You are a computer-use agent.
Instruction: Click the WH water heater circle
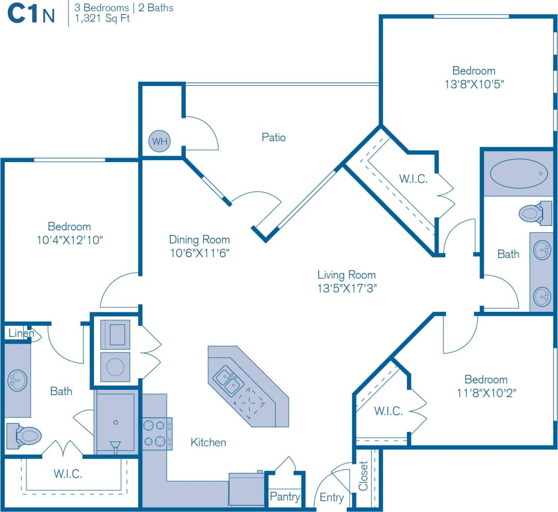159,141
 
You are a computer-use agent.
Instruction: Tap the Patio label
274,138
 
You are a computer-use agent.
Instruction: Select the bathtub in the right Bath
519,173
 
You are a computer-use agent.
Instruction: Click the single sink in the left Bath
17,380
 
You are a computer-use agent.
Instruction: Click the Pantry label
284,496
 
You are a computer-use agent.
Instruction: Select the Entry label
332,497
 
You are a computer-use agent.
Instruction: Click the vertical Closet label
363,476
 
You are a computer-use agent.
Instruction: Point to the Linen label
21,333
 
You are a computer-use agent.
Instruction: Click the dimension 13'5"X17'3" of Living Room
347,288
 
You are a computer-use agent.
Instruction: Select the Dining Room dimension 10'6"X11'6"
199,253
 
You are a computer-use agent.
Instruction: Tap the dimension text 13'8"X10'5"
474,84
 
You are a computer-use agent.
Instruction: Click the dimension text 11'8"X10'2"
486,392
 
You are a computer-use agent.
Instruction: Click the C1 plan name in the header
23,14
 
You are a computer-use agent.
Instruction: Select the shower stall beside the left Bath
115,421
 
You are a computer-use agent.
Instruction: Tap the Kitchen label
208,442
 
